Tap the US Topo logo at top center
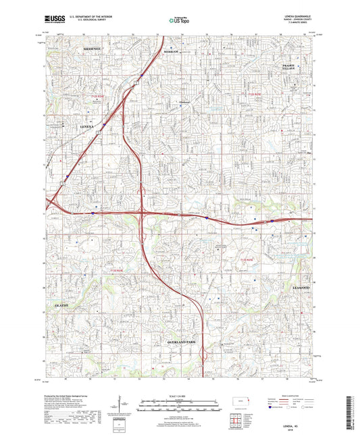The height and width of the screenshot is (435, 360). pos(176,21)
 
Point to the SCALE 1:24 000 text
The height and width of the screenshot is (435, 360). pos(180,395)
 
